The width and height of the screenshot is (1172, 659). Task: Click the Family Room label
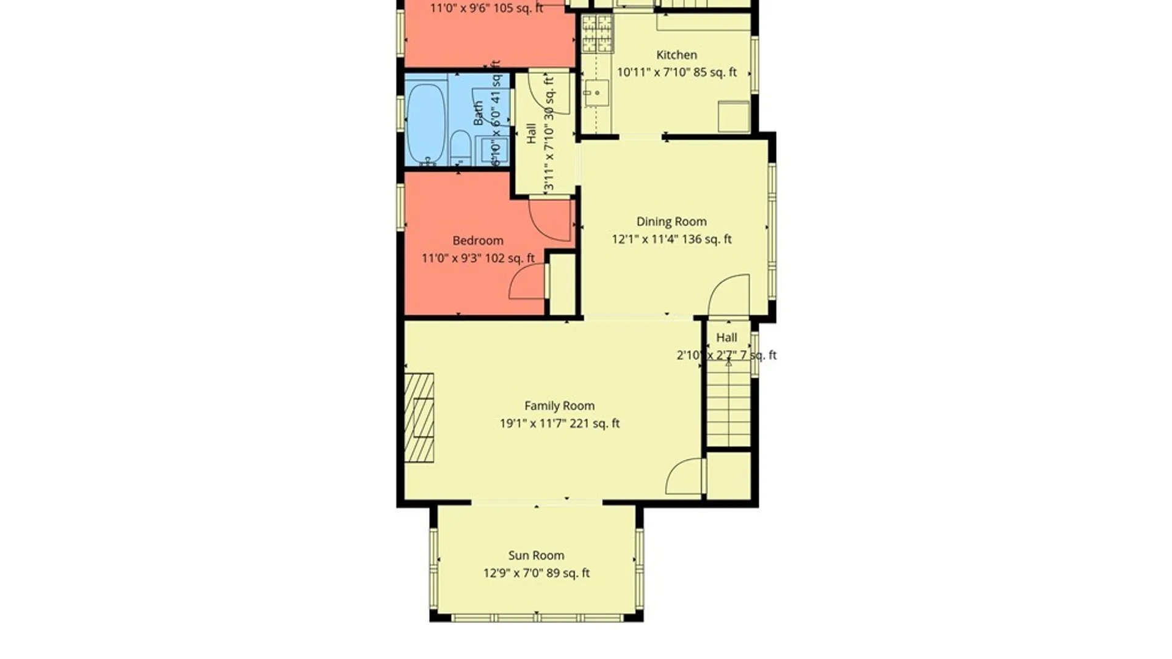(559, 406)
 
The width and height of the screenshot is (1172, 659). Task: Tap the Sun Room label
(536, 555)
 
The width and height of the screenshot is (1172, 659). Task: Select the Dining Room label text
(671, 221)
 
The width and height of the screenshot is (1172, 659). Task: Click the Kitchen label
(676, 55)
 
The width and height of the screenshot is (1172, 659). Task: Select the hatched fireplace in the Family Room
(419, 418)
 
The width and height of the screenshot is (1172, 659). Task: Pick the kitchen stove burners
(596, 34)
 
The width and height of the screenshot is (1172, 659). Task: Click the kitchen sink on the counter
(595, 93)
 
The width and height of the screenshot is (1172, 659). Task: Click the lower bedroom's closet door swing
(528, 282)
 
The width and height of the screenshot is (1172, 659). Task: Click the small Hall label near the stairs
(726, 337)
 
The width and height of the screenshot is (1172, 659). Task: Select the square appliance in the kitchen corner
(734, 117)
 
